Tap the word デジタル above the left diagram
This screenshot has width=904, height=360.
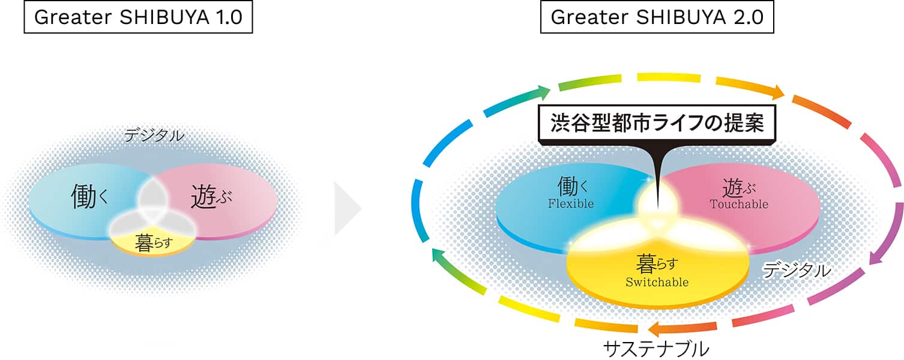154,136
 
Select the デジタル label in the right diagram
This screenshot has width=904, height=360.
796,270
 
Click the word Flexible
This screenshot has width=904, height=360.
571,203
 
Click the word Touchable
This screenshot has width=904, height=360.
739,204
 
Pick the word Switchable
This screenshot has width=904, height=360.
657,282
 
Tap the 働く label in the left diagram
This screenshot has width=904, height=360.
89,197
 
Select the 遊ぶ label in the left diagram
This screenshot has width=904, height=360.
211,197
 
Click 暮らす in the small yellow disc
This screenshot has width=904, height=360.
154,244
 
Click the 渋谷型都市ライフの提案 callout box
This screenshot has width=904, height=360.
657,123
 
